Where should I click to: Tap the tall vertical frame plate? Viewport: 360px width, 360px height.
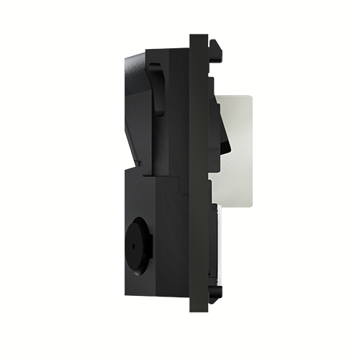197,173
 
